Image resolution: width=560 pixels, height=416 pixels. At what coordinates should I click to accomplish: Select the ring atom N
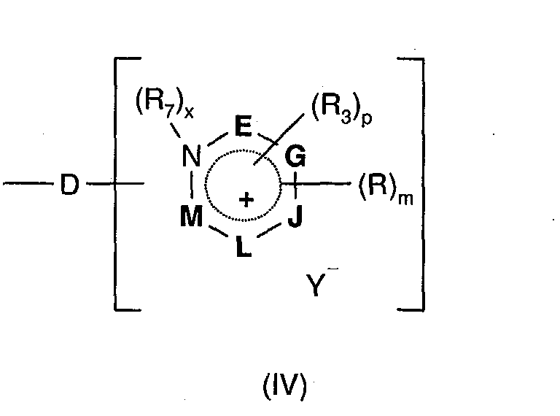click(x=191, y=156)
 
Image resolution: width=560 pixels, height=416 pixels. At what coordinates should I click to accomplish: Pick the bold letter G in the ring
click(x=297, y=155)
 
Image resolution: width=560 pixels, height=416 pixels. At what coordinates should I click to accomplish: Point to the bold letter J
click(x=295, y=217)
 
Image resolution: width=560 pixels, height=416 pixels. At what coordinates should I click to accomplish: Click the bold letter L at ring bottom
click(x=243, y=246)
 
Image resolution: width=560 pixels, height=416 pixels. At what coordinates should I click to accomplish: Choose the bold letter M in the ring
click(x=191, y=217)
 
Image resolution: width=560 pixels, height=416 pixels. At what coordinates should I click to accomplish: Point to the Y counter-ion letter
click(x=313, y=285)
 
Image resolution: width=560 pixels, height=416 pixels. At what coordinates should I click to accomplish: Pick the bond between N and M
click(x=192, y=187)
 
